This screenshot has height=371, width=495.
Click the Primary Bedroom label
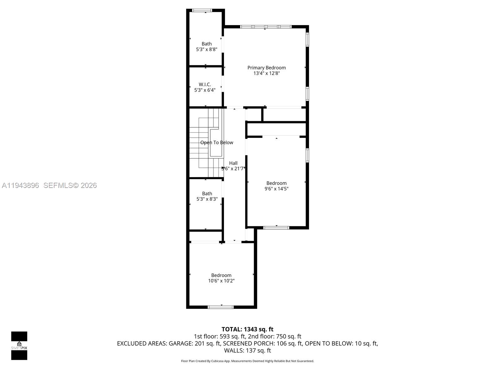pyautogui.click(x=266, y=68)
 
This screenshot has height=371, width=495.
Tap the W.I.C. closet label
pyautogui.click(x=205, y=84)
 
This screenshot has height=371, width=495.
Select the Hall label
pyautogui.click(x=233, y=163)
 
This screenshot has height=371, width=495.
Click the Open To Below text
pyautogui.click(x=217, y=143)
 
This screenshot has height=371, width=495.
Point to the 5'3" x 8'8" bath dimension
pyautogui.click(x=207, y=49)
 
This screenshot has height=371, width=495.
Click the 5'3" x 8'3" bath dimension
pyautogui.click(x=207, y=199)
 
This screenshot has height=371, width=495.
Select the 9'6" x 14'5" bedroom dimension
pyautogui.click(x=276, y=189)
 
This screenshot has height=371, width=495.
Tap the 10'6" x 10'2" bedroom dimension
pyautogui.click(x=221, y=281)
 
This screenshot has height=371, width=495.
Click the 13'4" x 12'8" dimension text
pyautogui.click(x=266, y=73)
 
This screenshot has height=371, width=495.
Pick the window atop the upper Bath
pyautogui.click(x=202, y=11)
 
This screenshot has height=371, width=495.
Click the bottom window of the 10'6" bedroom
pyautogui.click(x=220, y=307)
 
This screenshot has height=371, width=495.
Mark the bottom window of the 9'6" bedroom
pyautogui.click(x=276, y=228)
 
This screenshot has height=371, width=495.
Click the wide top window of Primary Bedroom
pyautogui.click(x=266, y=27)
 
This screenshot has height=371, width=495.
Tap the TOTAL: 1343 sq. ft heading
pyautogui.click(x=247, y=329)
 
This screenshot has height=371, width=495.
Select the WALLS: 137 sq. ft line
pyautogui.click(x=247, y=351)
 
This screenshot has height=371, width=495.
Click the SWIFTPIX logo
pyautogui.click(x=19, y=346)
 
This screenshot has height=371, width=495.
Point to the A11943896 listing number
pyautogui.click(x=20, y=185)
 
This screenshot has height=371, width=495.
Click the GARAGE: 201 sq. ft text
pyautogui.click(x=194, y=343)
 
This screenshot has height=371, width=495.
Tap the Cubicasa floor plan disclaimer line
pyautogui.click(x=247, y=361)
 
